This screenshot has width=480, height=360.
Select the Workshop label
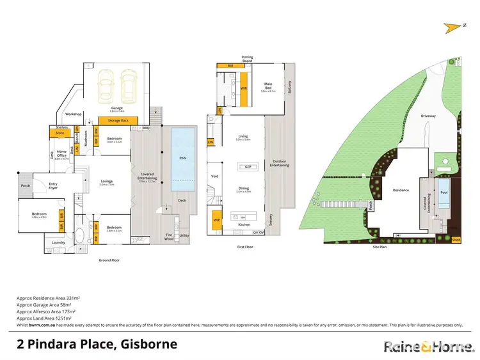[x=72, y=114]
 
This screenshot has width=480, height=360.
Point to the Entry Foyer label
[x=52, y=186]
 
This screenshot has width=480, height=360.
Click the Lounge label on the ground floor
[x=106, y=182]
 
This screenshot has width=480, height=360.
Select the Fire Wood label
[x=169, y=237]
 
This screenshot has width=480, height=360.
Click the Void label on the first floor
[x=214, y=176]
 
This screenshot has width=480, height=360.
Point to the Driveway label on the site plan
[x=428, y=116]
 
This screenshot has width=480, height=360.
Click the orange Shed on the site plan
[x=456, y=240]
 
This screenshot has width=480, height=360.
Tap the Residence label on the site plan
[x=401, y=190]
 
